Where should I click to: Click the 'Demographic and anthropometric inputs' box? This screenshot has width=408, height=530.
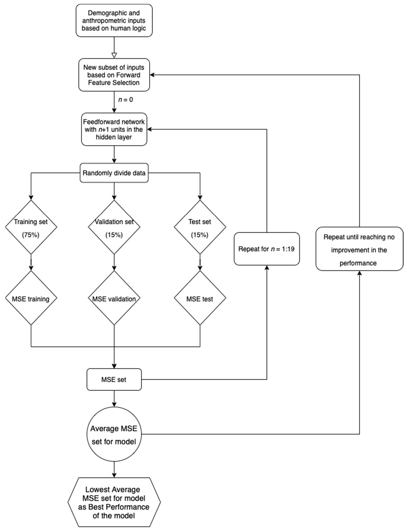coord(114,20)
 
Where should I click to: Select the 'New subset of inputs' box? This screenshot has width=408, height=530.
coord(114,75)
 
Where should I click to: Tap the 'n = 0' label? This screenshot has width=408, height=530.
coord(126,100)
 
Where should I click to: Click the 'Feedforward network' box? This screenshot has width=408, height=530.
coord(114,129)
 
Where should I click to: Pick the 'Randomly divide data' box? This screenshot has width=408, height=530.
coord(114,173)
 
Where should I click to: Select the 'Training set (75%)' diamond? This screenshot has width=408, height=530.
coord(31,227)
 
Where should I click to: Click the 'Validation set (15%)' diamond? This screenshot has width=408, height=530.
coord(114,227)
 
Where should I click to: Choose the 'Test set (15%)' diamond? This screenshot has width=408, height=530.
coord(200,227)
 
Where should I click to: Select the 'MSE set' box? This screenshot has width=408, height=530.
coord(114,379)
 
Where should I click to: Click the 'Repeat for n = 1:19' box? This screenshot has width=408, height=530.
coord(266,249)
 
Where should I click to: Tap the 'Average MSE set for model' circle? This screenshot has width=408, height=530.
coord(114,434)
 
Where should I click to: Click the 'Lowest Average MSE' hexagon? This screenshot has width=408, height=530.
coord(114,502)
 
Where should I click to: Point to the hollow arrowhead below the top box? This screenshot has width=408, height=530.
coord(114,55)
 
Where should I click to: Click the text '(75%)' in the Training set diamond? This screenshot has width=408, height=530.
coord(30,235)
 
